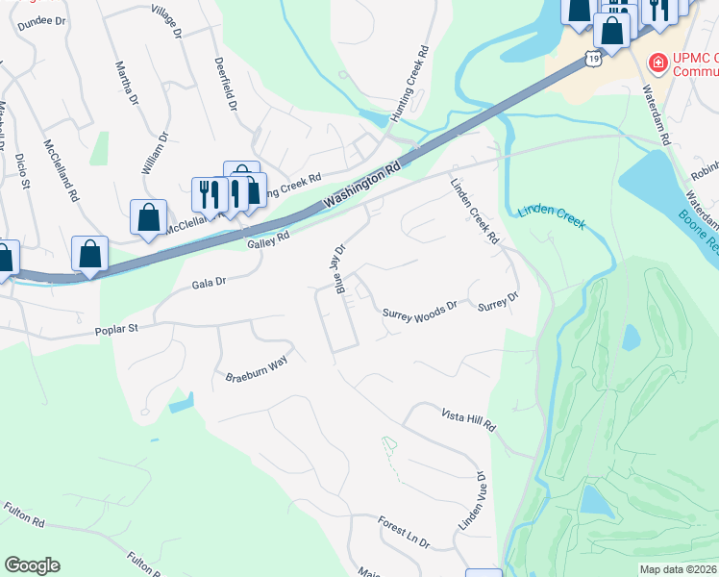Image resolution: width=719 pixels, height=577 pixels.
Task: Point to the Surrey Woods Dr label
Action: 419,313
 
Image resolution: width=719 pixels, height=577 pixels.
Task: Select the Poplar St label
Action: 117,329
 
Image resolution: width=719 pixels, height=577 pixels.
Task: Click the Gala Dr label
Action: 208,283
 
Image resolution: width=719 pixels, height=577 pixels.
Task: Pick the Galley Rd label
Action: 268,240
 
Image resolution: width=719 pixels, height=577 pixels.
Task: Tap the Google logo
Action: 32,565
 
